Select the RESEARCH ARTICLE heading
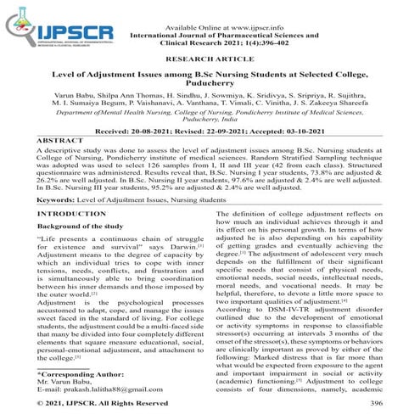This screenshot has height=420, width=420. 210,60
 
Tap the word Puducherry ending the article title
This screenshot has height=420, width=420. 210,86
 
